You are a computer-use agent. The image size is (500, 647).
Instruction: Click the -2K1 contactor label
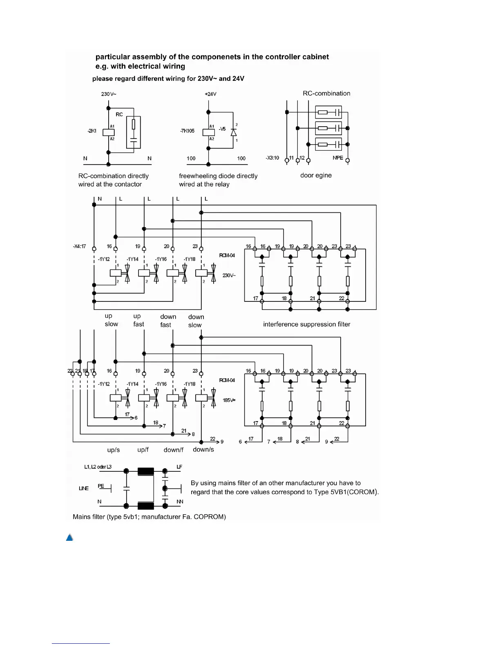92,131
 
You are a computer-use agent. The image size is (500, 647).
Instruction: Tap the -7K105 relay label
187,131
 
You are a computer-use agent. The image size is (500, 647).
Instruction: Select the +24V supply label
210,94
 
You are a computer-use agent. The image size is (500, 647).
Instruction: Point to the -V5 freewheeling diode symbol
233,132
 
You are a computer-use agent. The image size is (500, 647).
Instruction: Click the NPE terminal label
338,158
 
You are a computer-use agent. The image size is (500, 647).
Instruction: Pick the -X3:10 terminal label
272,158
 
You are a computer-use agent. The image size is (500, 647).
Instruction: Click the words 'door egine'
316,175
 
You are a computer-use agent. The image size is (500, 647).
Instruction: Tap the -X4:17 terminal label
79,246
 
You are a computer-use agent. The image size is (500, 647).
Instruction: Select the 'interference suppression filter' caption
306,324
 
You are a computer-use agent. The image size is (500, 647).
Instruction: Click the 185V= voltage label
229,400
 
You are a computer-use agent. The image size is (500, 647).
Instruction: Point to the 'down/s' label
203,449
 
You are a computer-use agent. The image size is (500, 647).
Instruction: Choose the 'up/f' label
143,450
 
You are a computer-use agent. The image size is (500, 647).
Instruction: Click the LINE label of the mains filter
84,489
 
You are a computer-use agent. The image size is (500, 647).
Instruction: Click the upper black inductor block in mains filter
146,471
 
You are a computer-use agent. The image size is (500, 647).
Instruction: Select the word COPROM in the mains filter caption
210,517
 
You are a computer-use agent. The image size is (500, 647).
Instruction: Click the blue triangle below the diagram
69,538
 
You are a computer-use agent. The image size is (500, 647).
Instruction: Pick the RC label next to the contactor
119,114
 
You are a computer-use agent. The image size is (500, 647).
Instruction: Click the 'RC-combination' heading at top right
326,93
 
